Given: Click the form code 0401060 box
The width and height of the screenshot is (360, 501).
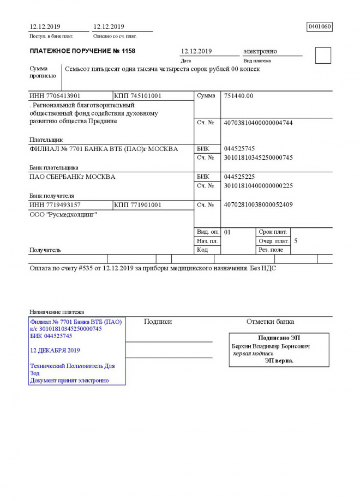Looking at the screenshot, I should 320,26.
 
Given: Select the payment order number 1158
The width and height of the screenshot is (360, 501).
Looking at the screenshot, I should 128,51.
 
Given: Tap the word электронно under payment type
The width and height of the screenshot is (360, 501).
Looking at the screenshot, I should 260,51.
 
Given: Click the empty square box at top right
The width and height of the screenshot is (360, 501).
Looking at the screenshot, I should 323,55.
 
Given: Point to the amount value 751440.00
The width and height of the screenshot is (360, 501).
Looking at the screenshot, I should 238,96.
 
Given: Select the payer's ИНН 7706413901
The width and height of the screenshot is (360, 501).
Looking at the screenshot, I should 55,96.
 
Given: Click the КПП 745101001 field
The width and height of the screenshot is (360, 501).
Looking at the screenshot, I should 137,96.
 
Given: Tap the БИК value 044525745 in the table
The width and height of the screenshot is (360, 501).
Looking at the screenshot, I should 239,149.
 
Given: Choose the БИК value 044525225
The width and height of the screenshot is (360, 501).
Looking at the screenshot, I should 239,177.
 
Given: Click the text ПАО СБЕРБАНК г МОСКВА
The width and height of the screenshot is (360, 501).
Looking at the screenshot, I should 72,177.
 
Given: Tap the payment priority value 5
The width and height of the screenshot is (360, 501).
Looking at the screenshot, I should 296,240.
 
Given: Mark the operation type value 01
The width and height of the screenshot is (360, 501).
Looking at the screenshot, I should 227,232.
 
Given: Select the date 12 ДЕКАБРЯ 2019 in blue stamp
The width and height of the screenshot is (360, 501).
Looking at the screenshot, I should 55,350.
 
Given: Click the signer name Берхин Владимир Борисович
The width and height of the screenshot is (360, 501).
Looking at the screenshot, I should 271,346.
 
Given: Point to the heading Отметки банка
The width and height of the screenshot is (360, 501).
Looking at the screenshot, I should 270,322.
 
